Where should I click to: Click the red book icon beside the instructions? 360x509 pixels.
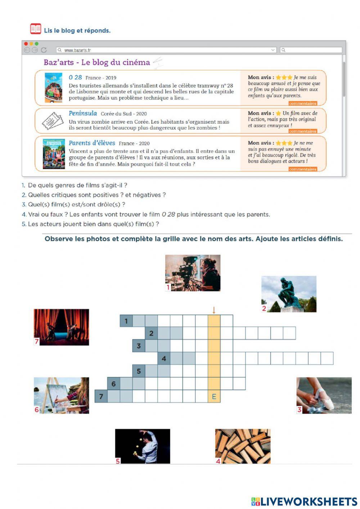pyautogui.click(x=36, y=29)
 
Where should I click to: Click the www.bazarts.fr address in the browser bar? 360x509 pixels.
pyautogui.click(x=77, y=50)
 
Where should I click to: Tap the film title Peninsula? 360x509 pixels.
pyautogui.click(x=83, y=113)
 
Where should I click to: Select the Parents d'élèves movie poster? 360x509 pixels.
pyautogui.click(x=54, y=154)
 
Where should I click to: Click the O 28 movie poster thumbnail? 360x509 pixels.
pyautogui.click(x=53, y=88)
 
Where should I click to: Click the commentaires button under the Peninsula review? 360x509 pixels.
pyautogui.click(x=302, y=131)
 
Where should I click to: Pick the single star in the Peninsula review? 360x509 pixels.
pyautogui.click(x=278, y=113)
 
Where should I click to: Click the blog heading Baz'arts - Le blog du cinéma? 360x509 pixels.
pyautogui.click(x=96, y=62)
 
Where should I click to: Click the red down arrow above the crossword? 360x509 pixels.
pyautogui.click(x=214, y=310)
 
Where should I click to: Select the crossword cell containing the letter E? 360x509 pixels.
pyautogui.click(x=214, y=397)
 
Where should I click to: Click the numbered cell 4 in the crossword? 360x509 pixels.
pyautogui.click(x=164, y=358)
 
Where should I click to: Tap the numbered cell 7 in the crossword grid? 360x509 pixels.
pyautogui.click(x=101, y=397)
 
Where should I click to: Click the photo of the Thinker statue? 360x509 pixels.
pyautogui.click(x=289, y=294)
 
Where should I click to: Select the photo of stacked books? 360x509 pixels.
pyautogui.click(x=243, y=446)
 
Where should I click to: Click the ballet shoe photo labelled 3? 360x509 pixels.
pyautogui.click(x=324, y=395)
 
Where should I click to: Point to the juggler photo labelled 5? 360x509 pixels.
pyautogui.click(x=143, y=446)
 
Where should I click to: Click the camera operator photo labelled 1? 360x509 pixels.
pyautogui.click(x=193, y=273)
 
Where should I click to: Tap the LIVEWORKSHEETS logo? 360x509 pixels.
pyautogui.click(x=304, y=501)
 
